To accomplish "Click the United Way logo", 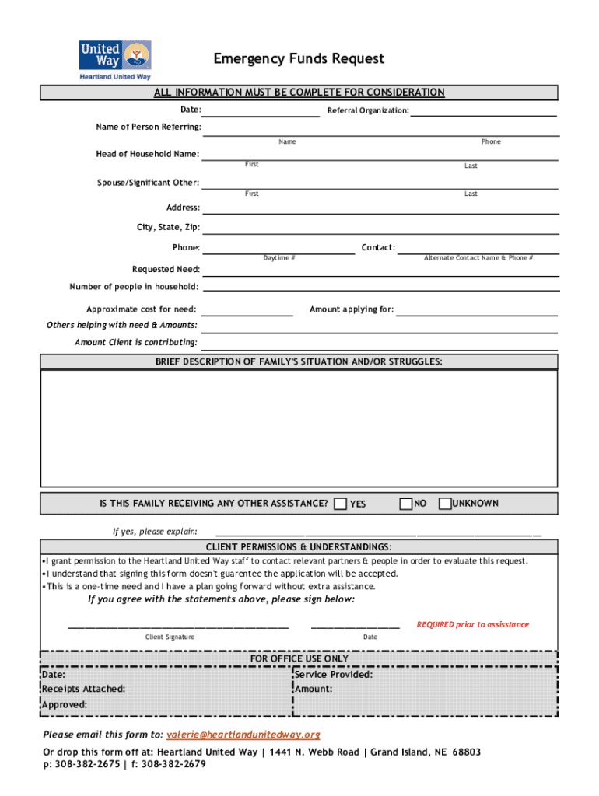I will [115, 60].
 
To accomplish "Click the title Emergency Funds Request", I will [299, 59].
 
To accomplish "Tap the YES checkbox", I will [340, 504].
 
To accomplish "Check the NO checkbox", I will [405, 504].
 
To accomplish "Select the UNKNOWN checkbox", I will [445, 504].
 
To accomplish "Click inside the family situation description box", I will [299, 428].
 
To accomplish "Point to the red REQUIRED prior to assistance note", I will [472, 624].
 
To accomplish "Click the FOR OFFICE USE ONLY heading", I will [299, 658].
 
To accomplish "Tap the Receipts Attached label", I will [84, 689].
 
